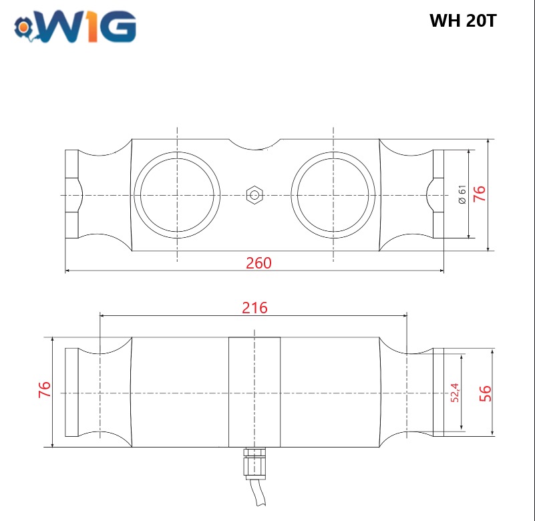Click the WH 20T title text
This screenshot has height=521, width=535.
[463, 21]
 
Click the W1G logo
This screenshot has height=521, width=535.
[75, 27]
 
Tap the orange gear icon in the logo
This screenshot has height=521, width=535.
[23, 27]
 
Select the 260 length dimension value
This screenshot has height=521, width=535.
[258, 263]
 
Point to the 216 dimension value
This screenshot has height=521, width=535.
[254, 308]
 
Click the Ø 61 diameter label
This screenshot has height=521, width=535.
[462, 194]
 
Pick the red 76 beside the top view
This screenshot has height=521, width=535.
[480, 194]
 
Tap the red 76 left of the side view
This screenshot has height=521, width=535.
[45, 389]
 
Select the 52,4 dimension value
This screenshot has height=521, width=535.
[454, 393]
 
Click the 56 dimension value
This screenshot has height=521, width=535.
[485, 393]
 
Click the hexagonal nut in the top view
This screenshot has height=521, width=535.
[254, 195]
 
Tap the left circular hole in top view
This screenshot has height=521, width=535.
[177, 195]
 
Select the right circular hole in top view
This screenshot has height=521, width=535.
[333, 195]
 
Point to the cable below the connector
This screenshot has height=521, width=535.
[258, 492]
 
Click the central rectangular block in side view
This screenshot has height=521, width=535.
[254, 392]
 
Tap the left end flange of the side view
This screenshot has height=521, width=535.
[71, 392]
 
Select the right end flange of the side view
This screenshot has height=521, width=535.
[438, 392]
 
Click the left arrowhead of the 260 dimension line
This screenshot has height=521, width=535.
[67, 271]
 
